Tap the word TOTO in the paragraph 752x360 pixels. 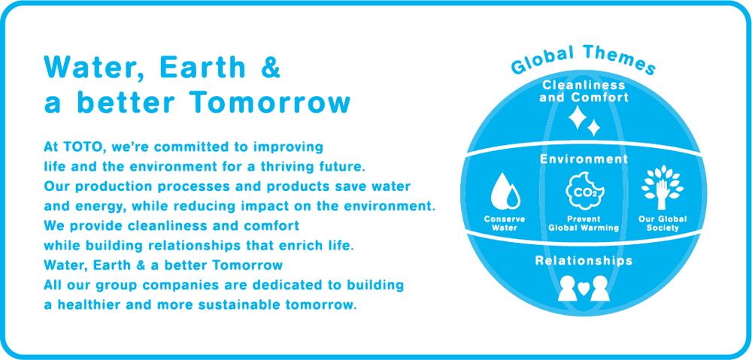78,147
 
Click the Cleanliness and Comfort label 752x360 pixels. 584,91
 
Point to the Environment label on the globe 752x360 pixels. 584,159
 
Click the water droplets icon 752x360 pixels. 505,191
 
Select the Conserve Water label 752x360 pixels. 505,223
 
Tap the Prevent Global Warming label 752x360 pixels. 584,223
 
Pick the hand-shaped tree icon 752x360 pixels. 663,187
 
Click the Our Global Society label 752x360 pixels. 663,223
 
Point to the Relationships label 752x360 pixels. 584,261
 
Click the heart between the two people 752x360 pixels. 584,288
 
